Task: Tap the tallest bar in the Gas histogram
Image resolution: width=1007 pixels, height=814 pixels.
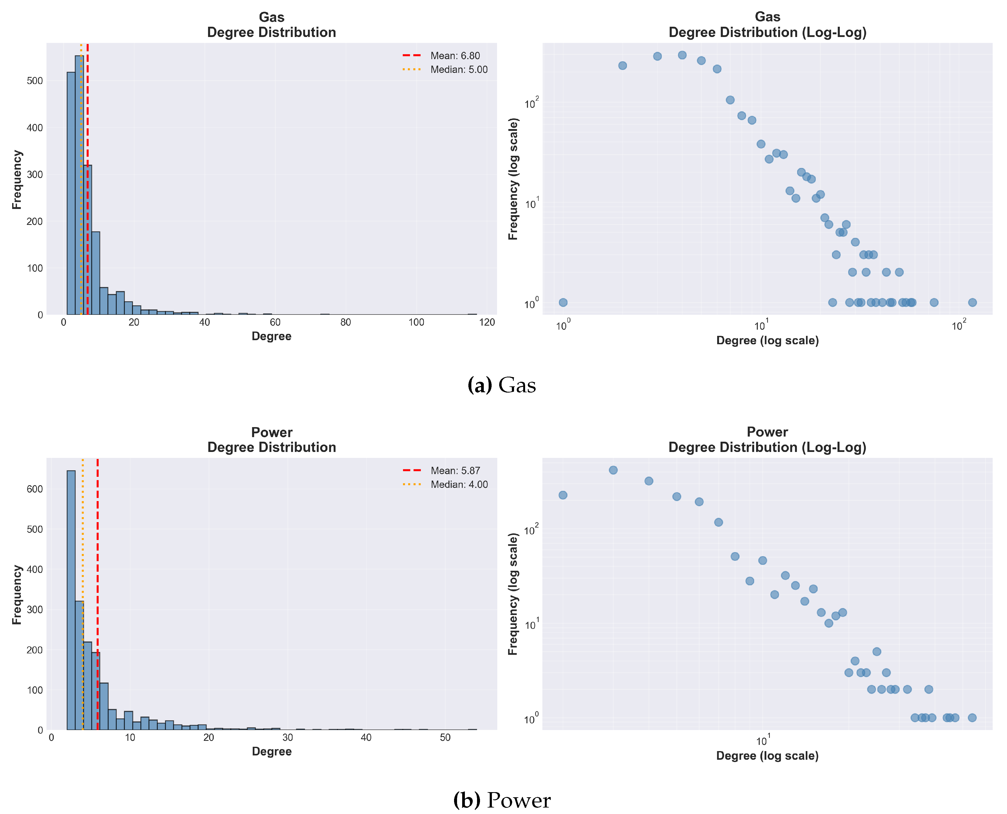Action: coord(79,188)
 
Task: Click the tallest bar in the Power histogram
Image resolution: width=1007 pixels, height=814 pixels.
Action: coord(71,600)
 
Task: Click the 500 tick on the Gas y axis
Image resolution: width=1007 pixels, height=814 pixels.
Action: coord(35,81)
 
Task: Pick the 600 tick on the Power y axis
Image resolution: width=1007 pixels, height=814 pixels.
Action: coord(35,489)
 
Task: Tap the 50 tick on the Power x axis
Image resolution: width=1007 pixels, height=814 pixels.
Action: coord(445,738)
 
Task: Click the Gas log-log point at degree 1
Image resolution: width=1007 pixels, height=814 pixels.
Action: coord(563,302)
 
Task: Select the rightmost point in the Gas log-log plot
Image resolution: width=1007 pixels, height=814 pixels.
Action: coord(972,302)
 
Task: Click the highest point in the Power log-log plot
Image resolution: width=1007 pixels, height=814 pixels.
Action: coord(613,470)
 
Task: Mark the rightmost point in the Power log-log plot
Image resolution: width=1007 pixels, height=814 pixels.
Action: coord(972,717)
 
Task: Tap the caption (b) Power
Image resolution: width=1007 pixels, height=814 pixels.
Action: coord(502,801)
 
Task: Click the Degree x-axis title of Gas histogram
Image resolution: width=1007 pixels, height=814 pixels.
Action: coord(271,336)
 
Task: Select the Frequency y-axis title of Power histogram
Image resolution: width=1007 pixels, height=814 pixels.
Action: coord(17,595)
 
